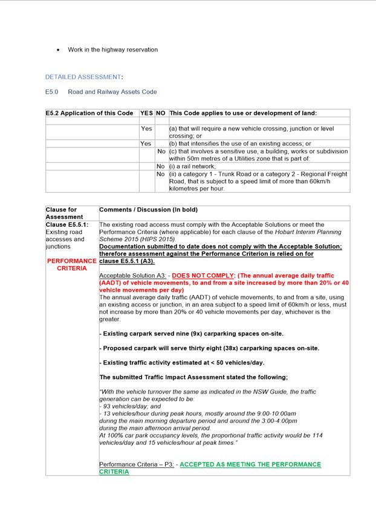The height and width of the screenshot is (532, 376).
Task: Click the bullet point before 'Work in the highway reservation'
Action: pyautogui.click(x=58, y=50)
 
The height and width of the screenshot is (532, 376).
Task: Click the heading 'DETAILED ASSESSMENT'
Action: pyautogui.click(x=83, y=77)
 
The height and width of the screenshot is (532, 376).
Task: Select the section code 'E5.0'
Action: pyautogui.click(x=52, y=92)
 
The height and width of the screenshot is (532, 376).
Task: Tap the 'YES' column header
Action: pyautogui.click(x=147, y=113)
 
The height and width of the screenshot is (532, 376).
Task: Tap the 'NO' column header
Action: pyautogui.click(x=161, y=113)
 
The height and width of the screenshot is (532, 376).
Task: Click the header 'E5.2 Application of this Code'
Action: pyautogui.click(x=89, y=113)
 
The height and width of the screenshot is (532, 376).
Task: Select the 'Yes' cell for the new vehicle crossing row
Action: pyautogui.click(x=146, y=129)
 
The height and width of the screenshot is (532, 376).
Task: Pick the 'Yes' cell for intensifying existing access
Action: pyautogui.click(x=146, y=144)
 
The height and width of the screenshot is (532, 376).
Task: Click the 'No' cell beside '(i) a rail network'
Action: pyautogui.click(x=161, y=166)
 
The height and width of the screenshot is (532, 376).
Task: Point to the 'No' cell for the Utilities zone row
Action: pyautogui.click(x=161, y=151)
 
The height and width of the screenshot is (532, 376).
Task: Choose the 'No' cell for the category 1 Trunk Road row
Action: pyautogui.click(x=161, y=174)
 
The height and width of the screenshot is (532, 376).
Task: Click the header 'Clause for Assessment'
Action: pyautogui.click(x=61, y=213)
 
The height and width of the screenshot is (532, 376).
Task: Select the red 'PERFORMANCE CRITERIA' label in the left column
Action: pyautogui.click(x=71, y=265)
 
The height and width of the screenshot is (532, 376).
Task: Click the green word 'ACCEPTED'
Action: pyautogui.click(x=200, y=464)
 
